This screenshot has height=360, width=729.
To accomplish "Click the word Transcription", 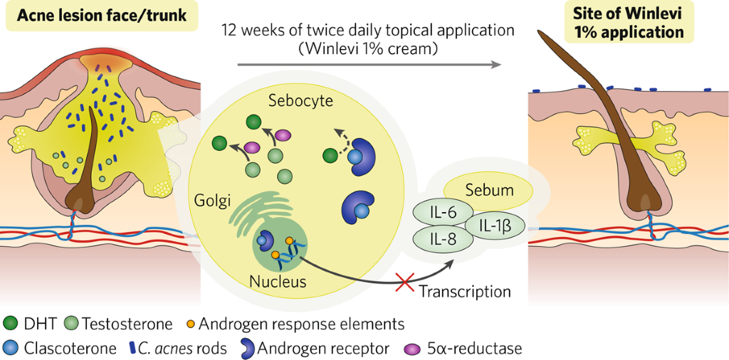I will pyautogui.click(x=465, y=291).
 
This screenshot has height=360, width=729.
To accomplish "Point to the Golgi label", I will pyautogui.click(x=213, y=201).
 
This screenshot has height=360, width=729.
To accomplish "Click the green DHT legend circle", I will pyautogui.click(x=11, y=324).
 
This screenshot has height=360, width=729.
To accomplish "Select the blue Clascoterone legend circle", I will pyautogui.click(x=11, y=349).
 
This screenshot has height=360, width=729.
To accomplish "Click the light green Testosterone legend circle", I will pyautogui.click(x=71, y=324).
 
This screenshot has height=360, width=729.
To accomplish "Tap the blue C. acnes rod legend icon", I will pyautogui.click(x=133, y=349).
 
